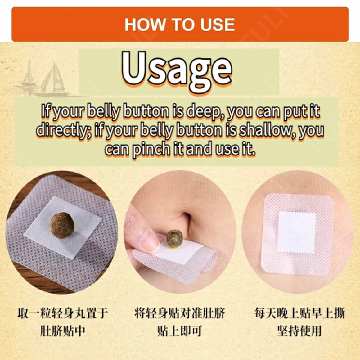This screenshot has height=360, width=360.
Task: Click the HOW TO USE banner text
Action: pyautogui.click(x=179, y=24)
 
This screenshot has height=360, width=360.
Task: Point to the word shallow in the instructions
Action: pyautogui.click(x=268, y=130)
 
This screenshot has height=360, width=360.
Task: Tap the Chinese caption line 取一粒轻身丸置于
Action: pyautogui.click(x=62, y=313)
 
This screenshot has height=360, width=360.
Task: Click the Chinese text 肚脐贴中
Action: pyautogui.click(x=62, y=330)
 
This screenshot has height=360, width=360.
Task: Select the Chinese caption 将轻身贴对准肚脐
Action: pyautogui.click(x=180, y=313)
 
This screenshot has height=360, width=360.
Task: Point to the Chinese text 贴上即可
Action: pyautogui.click(x=180, y=330)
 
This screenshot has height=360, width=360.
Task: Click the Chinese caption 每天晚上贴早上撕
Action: pyautogui.click(x=299, y=313)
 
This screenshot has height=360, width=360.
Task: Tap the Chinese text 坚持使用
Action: pyautogui.click(x=299, y=330)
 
